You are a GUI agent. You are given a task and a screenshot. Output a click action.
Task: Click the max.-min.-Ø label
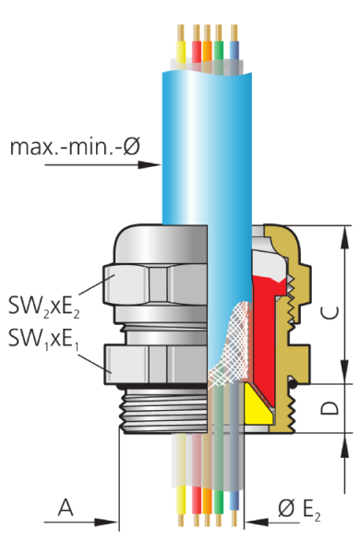pos(76,146)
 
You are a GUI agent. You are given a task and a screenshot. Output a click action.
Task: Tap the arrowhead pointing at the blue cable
pos(150,164)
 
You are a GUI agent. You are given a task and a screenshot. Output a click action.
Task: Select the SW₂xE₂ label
pos(43,306)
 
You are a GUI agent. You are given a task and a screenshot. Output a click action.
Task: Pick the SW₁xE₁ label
pos(43,339)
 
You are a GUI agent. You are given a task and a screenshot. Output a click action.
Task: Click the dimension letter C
pos(330,313)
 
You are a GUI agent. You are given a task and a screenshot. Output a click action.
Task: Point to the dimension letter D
pos(330,408)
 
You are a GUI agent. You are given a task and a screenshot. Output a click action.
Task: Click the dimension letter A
pos(66,507)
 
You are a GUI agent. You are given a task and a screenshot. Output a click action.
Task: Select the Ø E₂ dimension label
pos(299,510)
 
